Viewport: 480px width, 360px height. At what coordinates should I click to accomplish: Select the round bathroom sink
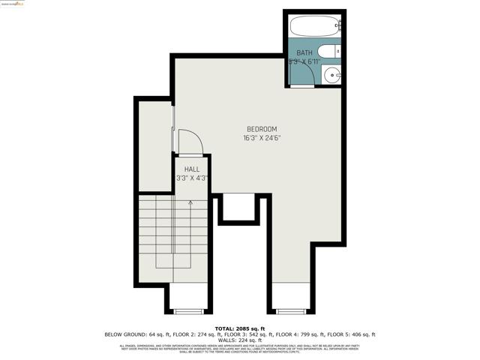click(332, 74)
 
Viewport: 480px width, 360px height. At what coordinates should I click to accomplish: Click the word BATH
click(304, 52)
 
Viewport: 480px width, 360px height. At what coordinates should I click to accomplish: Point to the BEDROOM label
click(262, 128)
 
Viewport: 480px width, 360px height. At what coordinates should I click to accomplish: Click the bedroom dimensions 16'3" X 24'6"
click(262, 138)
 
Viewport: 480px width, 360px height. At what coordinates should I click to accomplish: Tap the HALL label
click(192, 169)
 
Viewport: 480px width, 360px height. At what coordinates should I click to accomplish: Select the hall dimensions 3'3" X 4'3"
click(192, 178)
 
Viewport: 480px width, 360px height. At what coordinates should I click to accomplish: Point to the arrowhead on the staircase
click(190, 202)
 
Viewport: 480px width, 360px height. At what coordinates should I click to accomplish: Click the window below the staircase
click(188, 310)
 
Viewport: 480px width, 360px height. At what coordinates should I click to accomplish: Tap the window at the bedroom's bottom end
click(289, 310)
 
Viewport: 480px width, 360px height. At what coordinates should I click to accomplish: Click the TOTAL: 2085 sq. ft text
click(240, 328)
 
